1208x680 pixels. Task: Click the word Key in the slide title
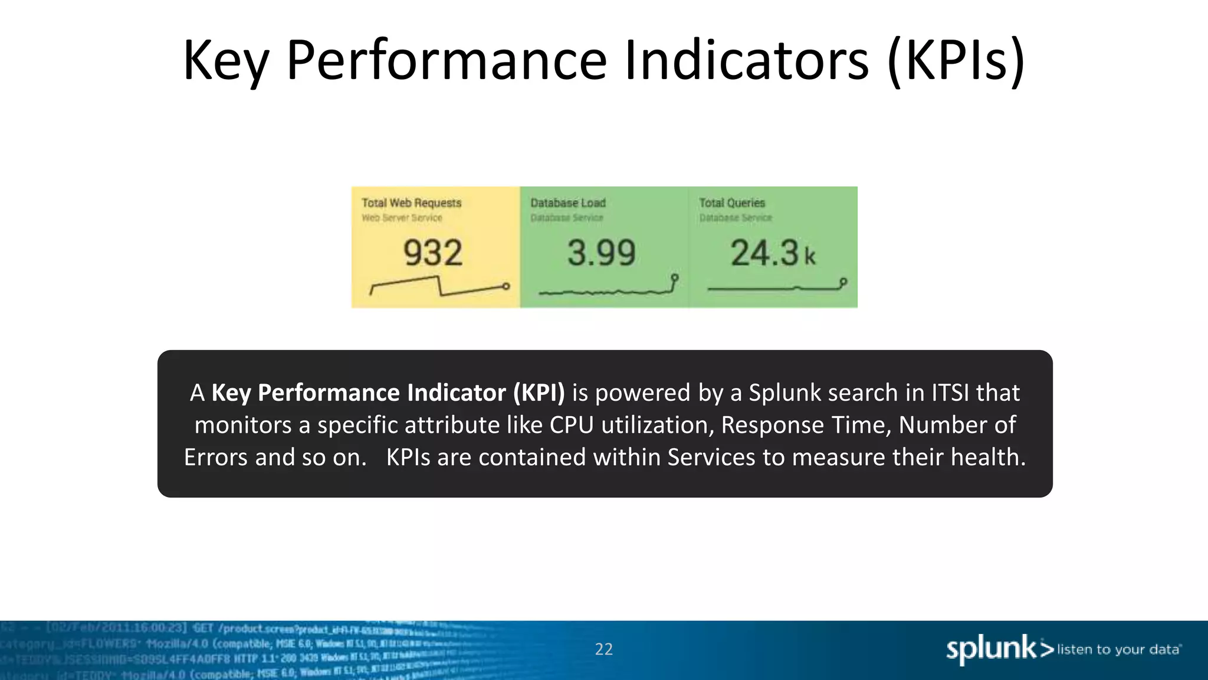coord(226,61)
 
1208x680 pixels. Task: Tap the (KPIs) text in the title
coord(956,61)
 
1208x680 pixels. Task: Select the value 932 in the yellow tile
coord(433,253)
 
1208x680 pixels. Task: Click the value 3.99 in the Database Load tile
coord(601,253)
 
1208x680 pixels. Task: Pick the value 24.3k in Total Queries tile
coord(772,253)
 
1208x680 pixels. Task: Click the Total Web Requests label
coord(411,203)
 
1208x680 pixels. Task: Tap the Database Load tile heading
coord(567,203)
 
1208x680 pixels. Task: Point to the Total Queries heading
coord(731,203)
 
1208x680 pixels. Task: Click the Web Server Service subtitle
coord(402,218)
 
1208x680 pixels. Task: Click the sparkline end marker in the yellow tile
coord(506,286)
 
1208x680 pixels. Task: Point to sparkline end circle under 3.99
coord(675,277)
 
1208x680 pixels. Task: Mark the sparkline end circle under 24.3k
coord(843,282)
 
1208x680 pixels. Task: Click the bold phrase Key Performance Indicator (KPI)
coord(388,393)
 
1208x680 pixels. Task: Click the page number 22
coord(603,649)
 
